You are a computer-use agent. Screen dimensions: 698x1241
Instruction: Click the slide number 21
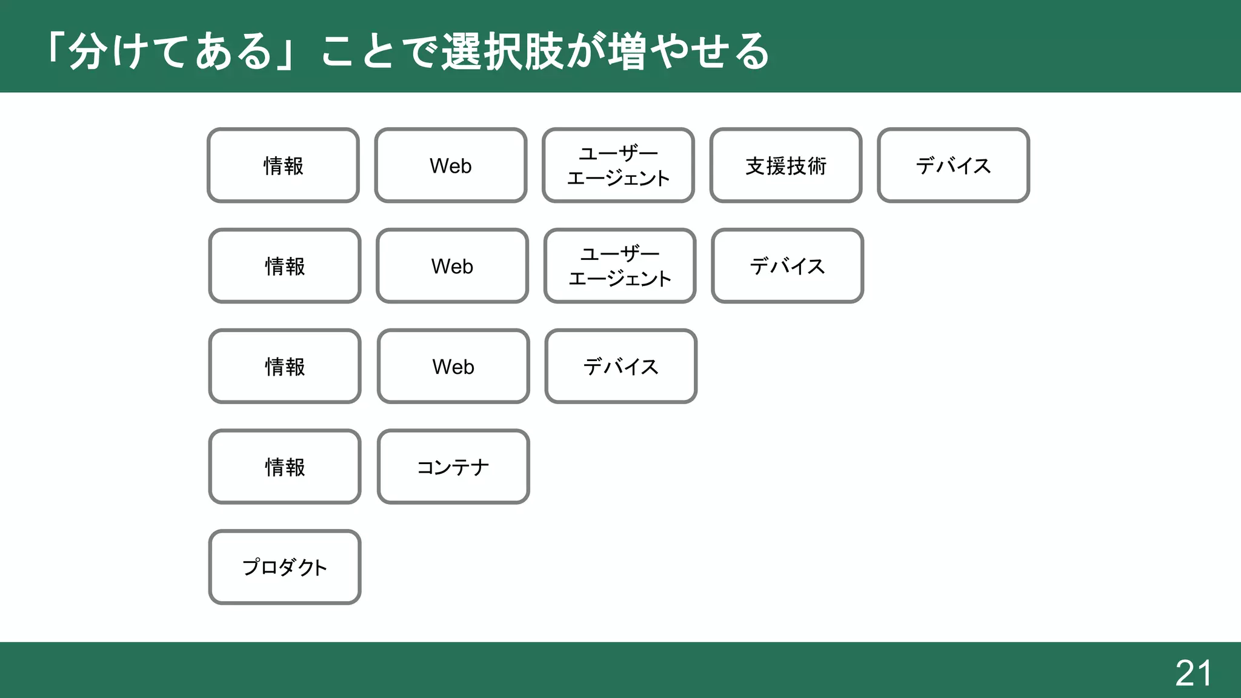(x=1193, y=673)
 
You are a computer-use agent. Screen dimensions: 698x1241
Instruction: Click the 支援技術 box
(x=786, y=165)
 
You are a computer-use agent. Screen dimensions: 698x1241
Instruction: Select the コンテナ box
(x=453, y=467)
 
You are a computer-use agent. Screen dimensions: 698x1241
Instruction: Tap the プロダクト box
(x=285, y=567)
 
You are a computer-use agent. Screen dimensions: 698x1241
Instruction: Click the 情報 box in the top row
(x=284, y=165)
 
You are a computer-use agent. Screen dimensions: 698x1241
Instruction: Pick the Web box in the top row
(x=451, y=165)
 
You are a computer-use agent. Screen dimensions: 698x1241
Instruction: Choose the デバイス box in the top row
(x=953, y=165)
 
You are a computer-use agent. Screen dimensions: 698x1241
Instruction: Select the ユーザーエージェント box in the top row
(x=618, y=165)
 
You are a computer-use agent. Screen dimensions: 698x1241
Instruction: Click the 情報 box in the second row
(x=285, y=266)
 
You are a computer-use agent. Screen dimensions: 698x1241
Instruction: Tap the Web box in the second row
(x=452, y=266)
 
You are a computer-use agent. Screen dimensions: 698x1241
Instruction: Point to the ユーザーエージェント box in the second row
(x=620, y=266)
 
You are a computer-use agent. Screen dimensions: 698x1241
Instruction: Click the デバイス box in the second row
(x=787, y=266)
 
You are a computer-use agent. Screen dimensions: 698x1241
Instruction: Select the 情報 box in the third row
(x=285, y=367)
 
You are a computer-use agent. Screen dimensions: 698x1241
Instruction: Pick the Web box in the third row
(x=453, y=367)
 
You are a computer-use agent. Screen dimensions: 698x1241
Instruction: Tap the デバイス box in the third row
(x=620, y=367)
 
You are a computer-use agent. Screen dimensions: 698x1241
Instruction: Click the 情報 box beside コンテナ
(x=285, y=467)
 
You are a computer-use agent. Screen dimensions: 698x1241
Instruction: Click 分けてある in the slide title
(x=170, y=52)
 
